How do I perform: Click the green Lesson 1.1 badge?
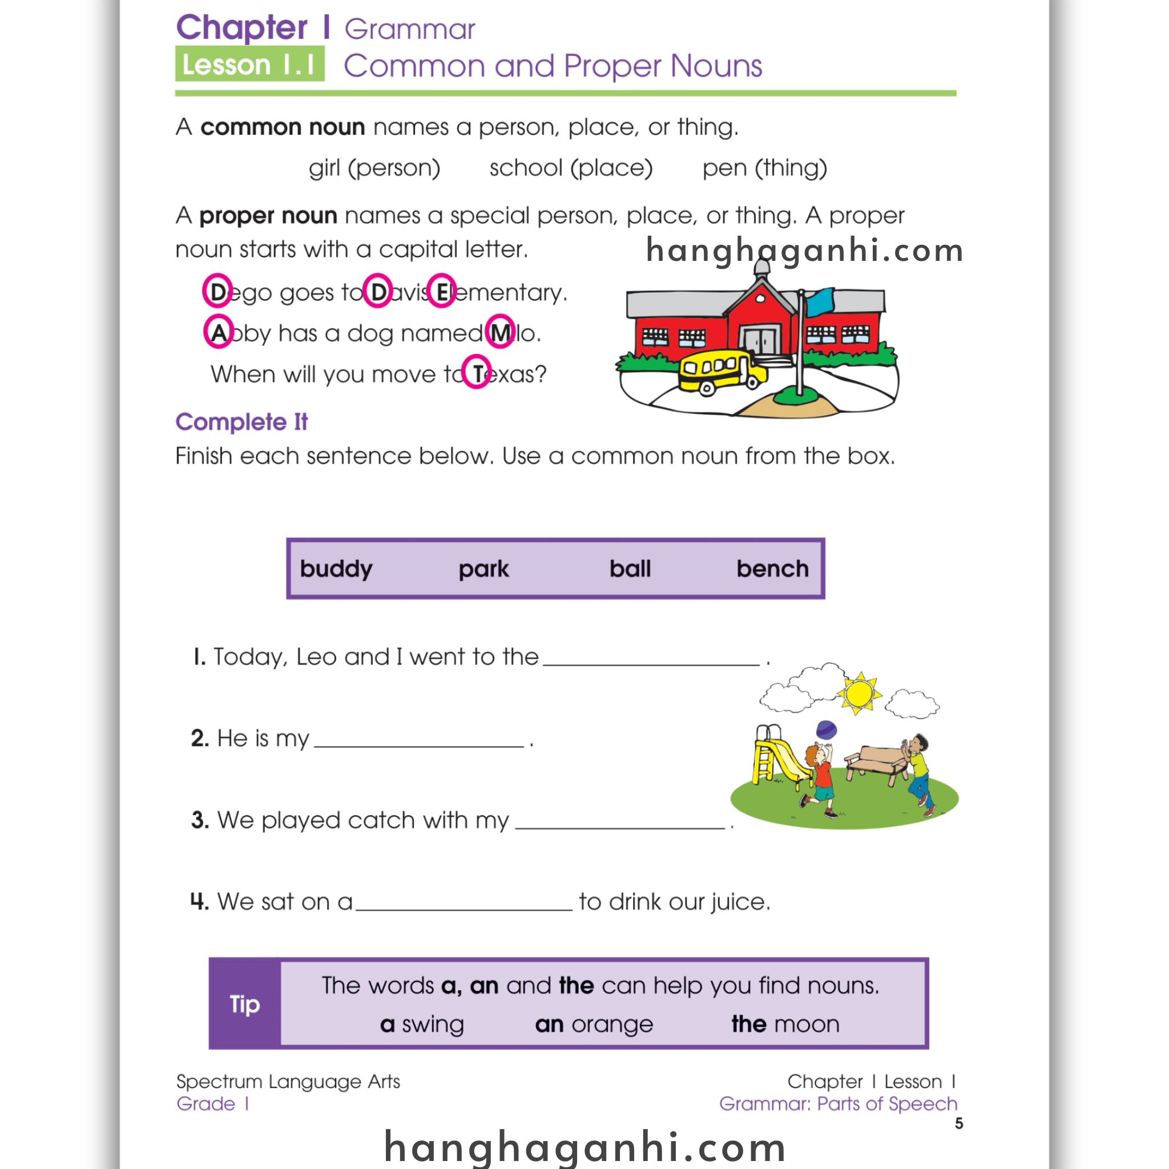point(249,64)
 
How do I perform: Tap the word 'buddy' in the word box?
point(336,569)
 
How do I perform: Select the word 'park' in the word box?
point(483,569)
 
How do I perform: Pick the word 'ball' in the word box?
point(630,569)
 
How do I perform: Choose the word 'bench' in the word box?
point(772,569)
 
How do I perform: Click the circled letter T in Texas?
point(477,372)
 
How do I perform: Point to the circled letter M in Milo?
point(500,332)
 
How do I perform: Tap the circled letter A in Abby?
point(218,332)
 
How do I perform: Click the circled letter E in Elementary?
point(442,292)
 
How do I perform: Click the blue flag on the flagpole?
point(819,301)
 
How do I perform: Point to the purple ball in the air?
point(827,729)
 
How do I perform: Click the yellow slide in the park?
point(780,759)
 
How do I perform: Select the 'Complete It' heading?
point(241,422)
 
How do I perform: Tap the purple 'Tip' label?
point(244,1005)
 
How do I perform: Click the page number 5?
point(958,1123)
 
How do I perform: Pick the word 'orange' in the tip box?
point(612,1025)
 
